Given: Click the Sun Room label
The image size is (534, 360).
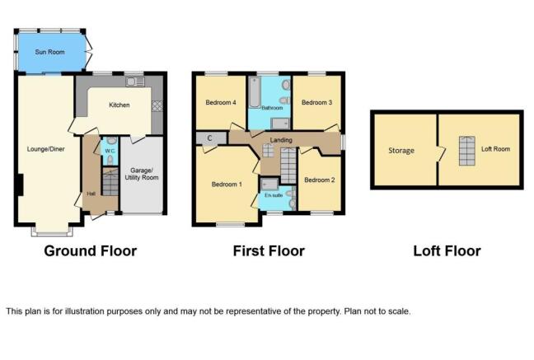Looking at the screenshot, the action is [49, 52].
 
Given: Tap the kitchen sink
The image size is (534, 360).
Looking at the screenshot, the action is [135, 82].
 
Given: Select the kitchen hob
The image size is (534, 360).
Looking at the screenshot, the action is [157, 106].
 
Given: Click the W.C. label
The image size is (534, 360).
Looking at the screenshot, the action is [110, 151].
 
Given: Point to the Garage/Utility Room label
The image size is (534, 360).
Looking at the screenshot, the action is [142, 174].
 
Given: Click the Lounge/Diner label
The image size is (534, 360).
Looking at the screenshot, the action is [45, 149].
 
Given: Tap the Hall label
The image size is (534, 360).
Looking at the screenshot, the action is [91, 194].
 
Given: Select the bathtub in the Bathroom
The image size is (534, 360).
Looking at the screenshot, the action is [255, 92].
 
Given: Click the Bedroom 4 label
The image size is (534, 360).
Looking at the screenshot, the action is [221, 102].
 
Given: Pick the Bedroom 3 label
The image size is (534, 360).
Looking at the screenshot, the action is [316, 102].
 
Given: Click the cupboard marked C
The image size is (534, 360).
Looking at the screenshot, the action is [211, 138].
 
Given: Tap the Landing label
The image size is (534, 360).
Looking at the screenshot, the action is [281, 140].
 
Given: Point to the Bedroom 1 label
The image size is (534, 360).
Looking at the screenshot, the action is [227, 185].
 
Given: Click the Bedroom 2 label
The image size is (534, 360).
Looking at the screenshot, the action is [320, 180].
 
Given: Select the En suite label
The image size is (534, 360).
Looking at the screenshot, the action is [274, 195].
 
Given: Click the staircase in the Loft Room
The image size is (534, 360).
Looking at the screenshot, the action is [467, 151].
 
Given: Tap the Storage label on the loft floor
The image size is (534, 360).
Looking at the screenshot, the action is [401, 151].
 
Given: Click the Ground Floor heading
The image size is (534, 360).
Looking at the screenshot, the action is [91, 251].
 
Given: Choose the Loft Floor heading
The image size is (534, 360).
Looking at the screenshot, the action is [447, 251].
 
